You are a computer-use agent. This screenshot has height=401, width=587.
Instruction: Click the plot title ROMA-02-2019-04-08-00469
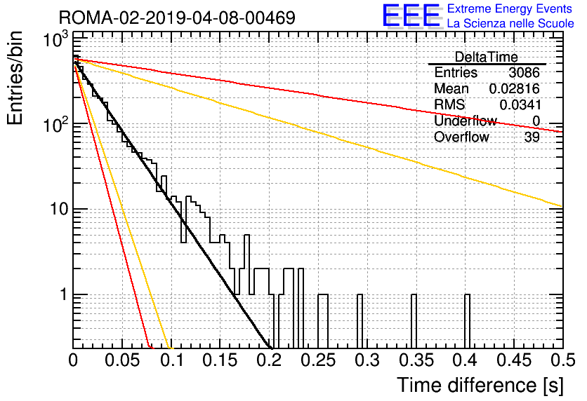[177, 18]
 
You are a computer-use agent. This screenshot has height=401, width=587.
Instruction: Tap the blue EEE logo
[411, 15]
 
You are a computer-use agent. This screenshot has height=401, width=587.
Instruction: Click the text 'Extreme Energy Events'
[510, 8]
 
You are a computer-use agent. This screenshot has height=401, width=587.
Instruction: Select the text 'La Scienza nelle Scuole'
[510, 23]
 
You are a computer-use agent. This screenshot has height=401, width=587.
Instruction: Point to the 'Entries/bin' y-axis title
[15, 79]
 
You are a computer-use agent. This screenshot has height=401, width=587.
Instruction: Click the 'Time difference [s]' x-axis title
[480, 386]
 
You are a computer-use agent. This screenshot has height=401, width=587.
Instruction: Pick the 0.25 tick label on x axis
[318, 360]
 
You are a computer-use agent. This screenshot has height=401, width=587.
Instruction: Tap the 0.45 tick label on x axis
[514, 360]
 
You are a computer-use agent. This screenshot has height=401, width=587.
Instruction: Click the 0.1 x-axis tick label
[172, 360]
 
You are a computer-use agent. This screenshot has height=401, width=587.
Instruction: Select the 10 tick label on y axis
[60, 209]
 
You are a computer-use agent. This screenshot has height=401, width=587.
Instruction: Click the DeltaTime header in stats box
[487, 57]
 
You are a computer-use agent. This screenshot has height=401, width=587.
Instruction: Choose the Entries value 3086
[524, 72]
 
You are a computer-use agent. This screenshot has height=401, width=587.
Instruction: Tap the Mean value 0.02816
[515, 88]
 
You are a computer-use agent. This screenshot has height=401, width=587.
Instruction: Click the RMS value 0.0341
[520, 104]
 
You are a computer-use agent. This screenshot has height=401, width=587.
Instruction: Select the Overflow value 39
[532, 137]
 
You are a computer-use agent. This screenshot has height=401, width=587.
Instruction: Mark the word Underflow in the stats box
[466, 121]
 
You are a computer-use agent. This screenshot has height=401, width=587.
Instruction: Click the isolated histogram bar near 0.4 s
[467, 321]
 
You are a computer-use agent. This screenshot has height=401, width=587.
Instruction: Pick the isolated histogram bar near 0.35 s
[414, 321]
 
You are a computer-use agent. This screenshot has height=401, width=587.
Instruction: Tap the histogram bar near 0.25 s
[323, 321]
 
